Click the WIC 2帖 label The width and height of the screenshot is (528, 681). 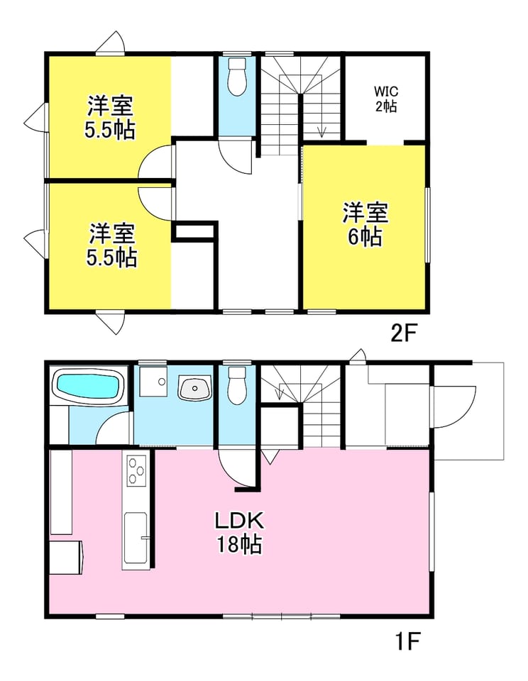[x=386, y=99]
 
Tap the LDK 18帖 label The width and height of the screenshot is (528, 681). [x=239, y=532]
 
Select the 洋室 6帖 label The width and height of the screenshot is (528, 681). [x=365, y=224]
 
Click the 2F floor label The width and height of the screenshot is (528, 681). [x=404, y=333]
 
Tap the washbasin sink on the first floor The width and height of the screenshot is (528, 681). [x=194, y=388]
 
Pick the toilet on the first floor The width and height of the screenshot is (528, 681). [x=237, y=386]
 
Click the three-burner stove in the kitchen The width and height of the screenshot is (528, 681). [x=136, y=470]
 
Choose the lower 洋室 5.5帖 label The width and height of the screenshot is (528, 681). [x=112, y=245]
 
